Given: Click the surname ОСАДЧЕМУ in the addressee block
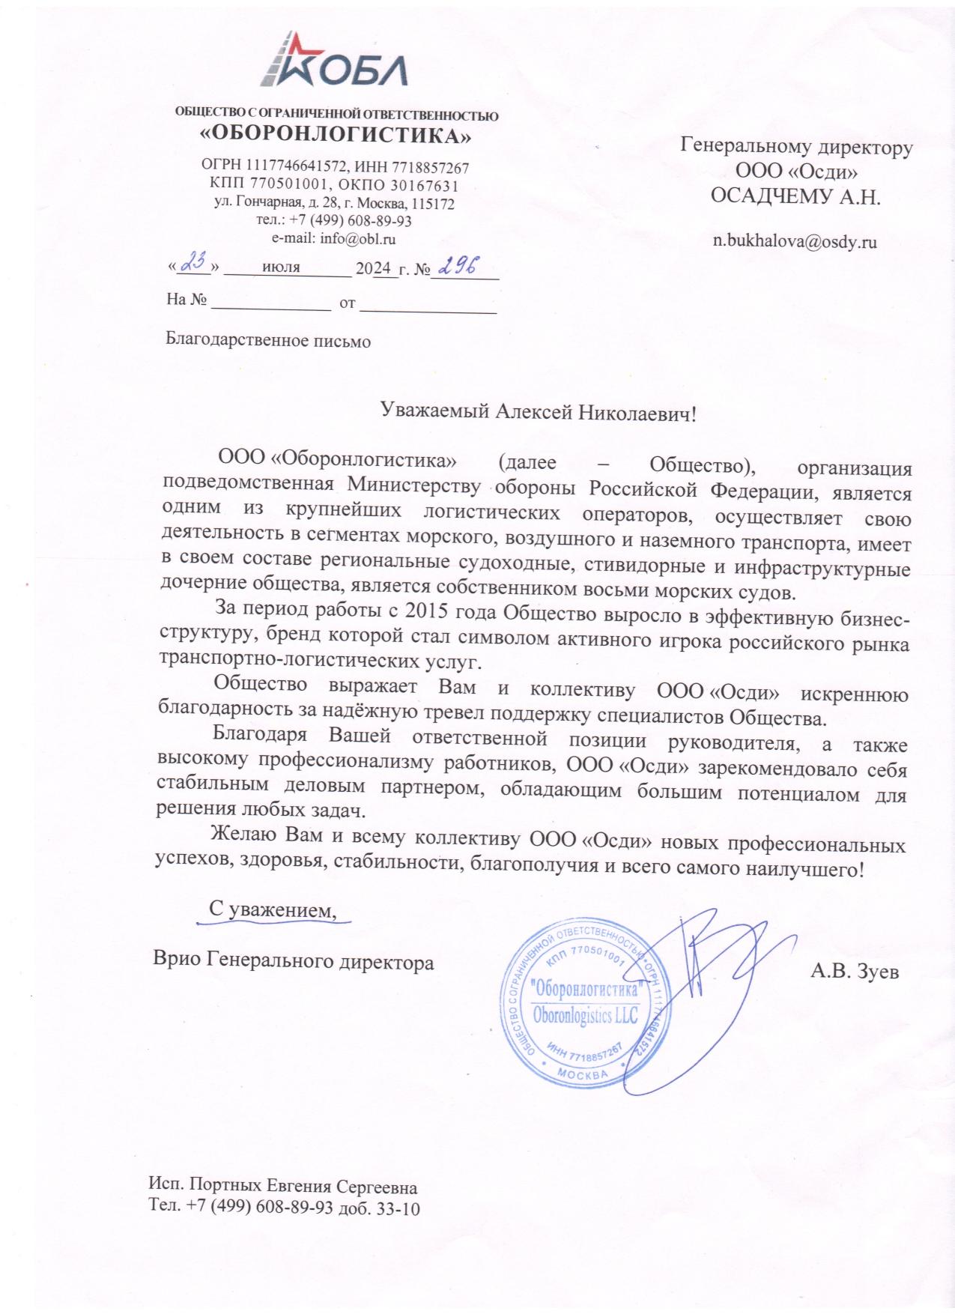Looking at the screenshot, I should coord(779,197).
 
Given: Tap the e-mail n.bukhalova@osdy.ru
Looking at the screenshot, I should coord(795,242).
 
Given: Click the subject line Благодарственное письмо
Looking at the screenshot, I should coord(268,342).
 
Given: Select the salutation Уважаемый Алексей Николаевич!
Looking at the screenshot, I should coord(539,411).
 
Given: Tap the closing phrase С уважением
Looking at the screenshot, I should coord(270,909).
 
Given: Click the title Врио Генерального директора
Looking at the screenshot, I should coord(293,961).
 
